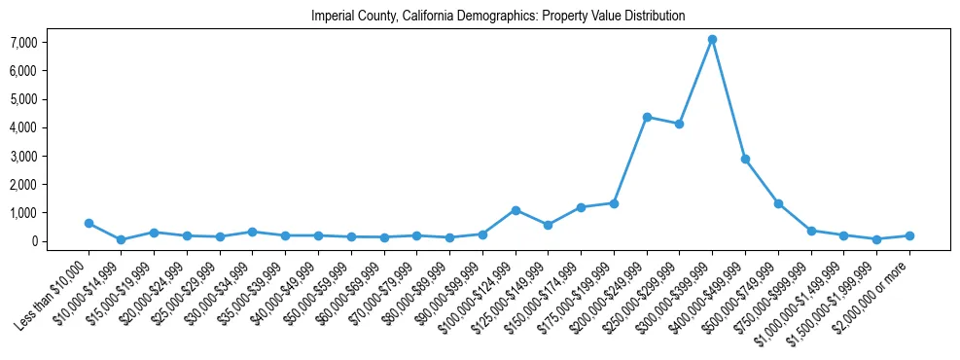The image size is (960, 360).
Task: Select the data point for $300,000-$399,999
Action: coord(712,40)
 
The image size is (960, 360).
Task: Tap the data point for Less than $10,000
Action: coord(89,223)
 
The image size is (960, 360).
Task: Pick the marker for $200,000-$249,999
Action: coord(647,117)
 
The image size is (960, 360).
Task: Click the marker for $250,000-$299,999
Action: coord(680,124)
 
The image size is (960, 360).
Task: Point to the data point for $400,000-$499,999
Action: coord(745,159)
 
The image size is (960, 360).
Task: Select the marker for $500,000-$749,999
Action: coord(778,203)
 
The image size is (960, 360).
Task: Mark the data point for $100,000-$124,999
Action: coord(516,210)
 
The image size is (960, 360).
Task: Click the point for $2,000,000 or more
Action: coord(909,235)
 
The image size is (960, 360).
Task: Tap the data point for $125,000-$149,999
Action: coord(549,225)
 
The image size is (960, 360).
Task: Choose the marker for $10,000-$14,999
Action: coord(122,239)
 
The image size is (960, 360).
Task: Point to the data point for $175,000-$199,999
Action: coord(614,203)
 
